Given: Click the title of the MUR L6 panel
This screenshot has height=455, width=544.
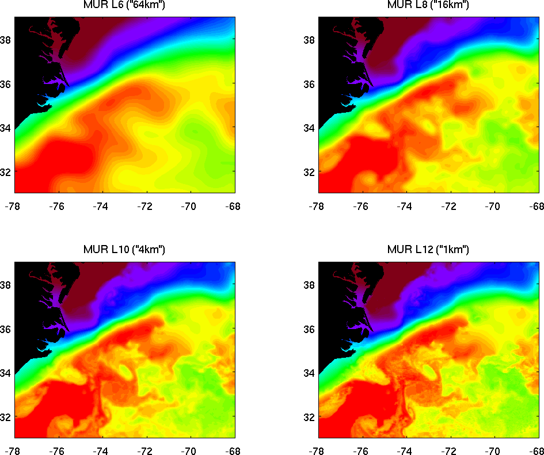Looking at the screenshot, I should point(124,5).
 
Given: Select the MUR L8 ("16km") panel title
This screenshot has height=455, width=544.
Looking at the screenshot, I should point(428,5).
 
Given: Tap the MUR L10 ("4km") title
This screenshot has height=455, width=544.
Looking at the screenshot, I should point(124,250).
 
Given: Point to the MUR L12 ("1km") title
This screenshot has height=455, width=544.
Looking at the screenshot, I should point(428,250).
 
